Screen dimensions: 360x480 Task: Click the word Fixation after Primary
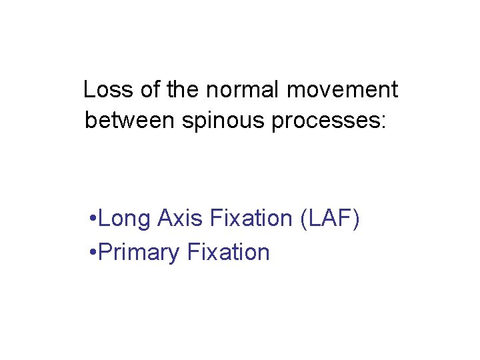[x=229, y=253]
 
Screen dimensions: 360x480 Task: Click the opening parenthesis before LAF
[x=305, y=219]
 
